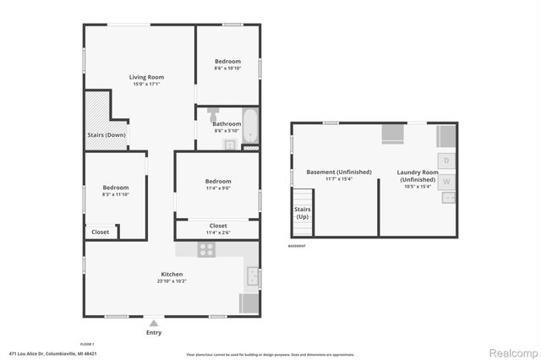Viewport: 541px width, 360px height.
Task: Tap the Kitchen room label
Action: coord(172,274)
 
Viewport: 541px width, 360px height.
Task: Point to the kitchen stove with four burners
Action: coord(206,249)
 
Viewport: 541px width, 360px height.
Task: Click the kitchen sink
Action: coord(252,275)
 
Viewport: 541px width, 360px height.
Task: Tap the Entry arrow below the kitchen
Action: coord(153,323)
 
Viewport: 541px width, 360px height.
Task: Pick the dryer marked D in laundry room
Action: coord(446,161)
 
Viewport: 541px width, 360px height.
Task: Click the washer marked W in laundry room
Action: coord(446,181)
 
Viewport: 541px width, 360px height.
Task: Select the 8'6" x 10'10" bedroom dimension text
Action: coord(227,68)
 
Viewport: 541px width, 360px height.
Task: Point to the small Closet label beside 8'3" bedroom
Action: coord(100,231)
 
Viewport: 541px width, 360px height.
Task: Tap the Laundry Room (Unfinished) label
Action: coord(418,176)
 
